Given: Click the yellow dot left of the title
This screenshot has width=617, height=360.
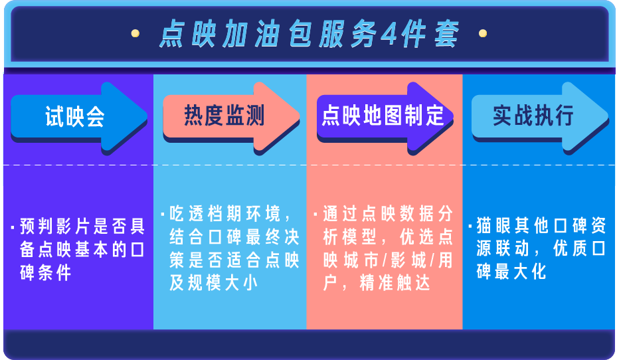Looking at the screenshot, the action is (x=135, y=33).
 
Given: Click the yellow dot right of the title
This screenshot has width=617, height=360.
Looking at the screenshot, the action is (x=483, y=33).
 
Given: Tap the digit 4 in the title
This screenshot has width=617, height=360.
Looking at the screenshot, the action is (x=389, y=35).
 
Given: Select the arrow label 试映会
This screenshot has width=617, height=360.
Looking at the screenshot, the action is (x=75, y=116).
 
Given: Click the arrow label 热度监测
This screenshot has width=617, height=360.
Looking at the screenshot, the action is (x=224, y=116).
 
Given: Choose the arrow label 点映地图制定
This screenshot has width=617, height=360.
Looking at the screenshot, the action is (x=383, y=116).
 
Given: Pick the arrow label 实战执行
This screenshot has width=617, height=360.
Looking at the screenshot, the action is (x=533, y=116).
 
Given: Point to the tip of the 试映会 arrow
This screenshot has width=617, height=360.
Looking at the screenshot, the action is (x=147, y=116).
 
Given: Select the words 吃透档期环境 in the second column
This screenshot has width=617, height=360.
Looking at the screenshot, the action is (x=225, y=214).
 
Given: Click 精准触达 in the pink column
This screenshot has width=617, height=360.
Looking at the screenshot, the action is (x=395, y=283).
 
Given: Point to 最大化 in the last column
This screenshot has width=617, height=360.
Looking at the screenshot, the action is (x=520, y=272).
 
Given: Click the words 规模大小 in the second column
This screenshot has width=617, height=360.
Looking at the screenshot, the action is (x=223, y=283).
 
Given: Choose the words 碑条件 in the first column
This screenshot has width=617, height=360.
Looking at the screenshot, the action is (x=46, y=272).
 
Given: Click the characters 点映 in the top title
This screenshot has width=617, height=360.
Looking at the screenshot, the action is (x=187, y=35).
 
